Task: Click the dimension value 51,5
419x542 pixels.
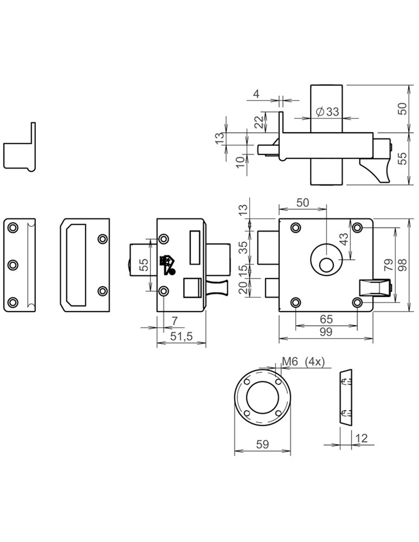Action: [x=182, y=337]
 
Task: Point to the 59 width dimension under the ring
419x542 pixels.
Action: [x=262, y=444]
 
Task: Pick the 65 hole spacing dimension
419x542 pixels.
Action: [x=326, y=320]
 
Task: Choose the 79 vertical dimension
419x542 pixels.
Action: [x=388, y=264]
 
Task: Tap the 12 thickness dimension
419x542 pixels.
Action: [x=361, y=438]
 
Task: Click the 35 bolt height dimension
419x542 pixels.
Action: [x=243, y=247]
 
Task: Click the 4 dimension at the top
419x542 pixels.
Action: [x=256, y=94]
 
